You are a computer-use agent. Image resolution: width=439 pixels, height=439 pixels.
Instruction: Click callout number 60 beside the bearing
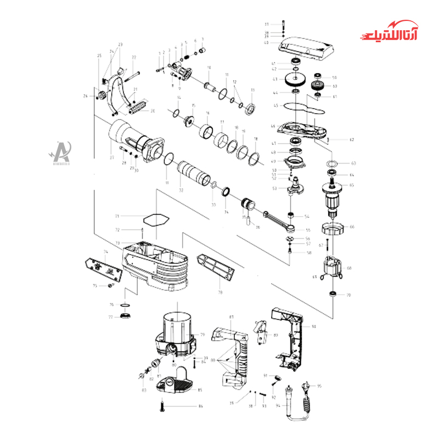(335, 86)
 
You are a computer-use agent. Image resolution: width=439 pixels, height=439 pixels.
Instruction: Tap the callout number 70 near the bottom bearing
(348, 295)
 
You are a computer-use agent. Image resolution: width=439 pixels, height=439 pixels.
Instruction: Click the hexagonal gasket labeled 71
(155, 217)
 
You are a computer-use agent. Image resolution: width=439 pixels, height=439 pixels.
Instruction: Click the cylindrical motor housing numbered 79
(177, 329)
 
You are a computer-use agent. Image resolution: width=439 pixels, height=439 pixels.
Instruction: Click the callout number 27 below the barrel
(112, 157)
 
